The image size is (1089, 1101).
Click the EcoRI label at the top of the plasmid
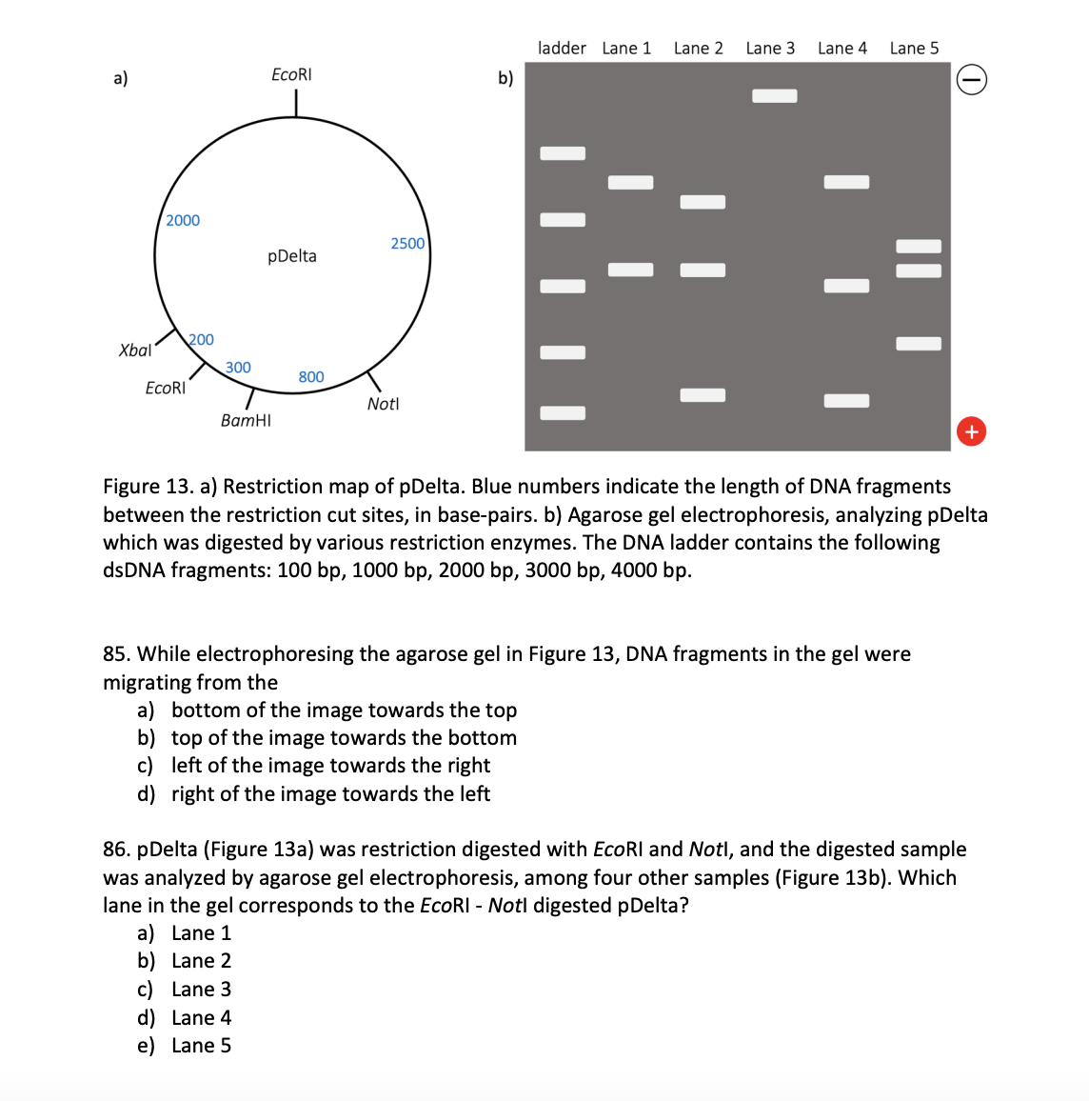pyautogui.click(x=291, y=74)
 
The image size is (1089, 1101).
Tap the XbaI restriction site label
pyautogui.click(x=134, y=350)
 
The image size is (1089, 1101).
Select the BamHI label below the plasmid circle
pyautogui.click(x=246, y=420)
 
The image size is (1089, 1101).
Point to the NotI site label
pyautogui.click(x=383, y=404)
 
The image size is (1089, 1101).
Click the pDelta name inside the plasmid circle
pyautogui.click(x=292, y=256)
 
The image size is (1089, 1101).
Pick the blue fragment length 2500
pyautogui.click(x=407, y=244)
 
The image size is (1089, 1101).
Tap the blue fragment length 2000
pyautogui.click(x=183, y=221)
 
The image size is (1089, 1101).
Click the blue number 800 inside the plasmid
pyautogui.click(x=311, y=377)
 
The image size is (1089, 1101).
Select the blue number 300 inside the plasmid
pyautogui.click(x=238, y=368)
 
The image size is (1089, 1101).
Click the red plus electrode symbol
pyautogui.click(x=971, y=431)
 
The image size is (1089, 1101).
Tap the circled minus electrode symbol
pyautogui.click(x=971, y=81)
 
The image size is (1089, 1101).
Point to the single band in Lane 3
pyautogui.click(x=775, y=95)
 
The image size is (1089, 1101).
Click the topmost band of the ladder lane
pyautogui.click(x=563, y=153)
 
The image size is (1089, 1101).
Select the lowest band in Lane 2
pyautogui.click(x=703, y=395)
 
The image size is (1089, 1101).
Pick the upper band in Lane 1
pyautogui.click(x=630, y=182)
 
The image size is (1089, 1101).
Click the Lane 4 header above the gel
pyautogui.click(x=842, y=49)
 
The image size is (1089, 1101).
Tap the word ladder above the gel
pyautogui.click(x=562, y=49)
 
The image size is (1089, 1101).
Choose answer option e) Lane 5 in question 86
pyautogui.click(x=201, y=1046)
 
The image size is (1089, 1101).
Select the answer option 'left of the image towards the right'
pyautogui.click(x=330, y=766)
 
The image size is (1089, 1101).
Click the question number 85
pyautogui.click(x=117, y=654)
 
